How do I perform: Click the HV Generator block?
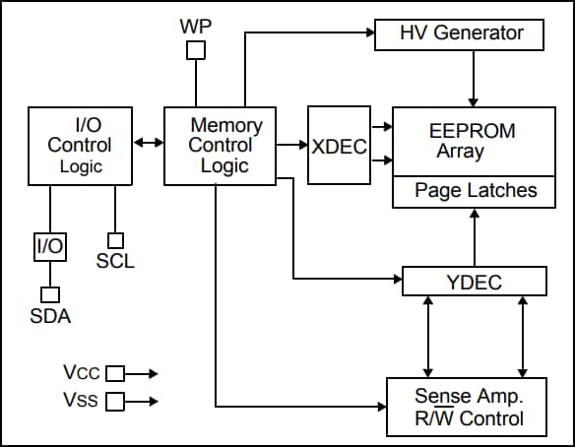click(x=461, y=33)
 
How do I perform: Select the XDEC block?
click(x=339, y=146)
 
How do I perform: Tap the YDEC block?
click(x=474, y=283)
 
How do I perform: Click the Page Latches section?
click(x=476, y=191)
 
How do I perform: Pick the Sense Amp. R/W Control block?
click(x=467, y=408)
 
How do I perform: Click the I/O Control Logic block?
click(x=81, y=146)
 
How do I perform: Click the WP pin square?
click(x=197, y=49)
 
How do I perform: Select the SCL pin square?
click(x=115, y=240)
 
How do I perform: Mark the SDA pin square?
click(x=49, y=294)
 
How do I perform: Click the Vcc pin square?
click(x=114, y=373)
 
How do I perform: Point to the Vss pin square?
click(x=114, y=402)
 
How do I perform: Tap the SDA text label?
click(x=49, y=316)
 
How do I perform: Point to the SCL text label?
click(x=115, y=262)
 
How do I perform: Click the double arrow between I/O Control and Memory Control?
click(x=149, y=144)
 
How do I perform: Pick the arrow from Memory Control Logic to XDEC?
click(x=292, y=146)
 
